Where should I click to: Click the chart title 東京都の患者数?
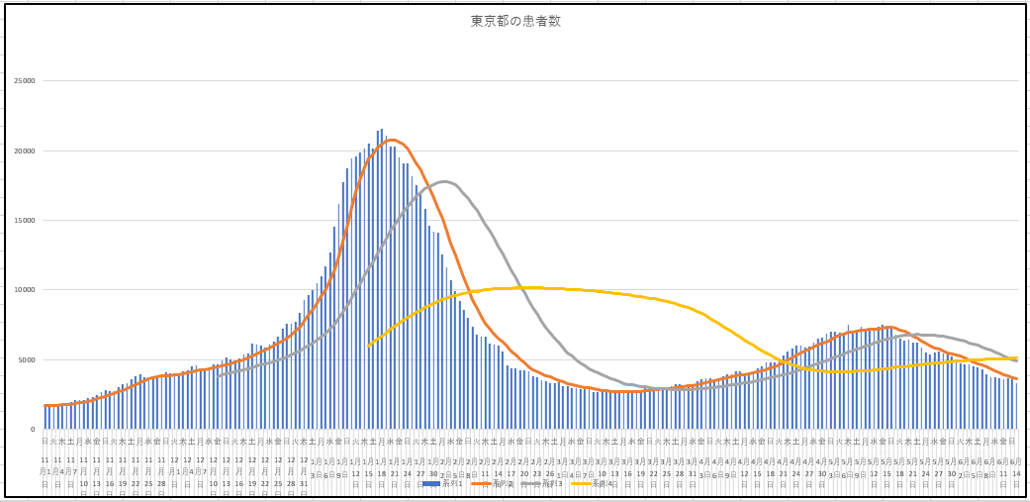[x=515, y=21]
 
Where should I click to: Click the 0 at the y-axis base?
[x=32, y=430]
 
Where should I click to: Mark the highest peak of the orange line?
[x=393, y=140]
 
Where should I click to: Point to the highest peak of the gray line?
[x=444, y=181]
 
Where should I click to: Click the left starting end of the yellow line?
[x=368, y=346]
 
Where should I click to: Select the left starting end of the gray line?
[x=218, y=375]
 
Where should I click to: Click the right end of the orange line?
[x=1016, y=379]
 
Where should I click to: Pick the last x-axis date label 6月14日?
[x=1015, y=467]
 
